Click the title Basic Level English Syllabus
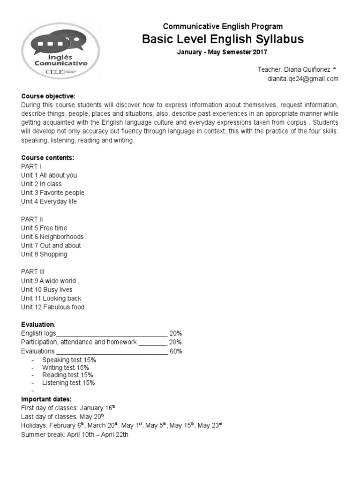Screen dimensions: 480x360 coord(223,39)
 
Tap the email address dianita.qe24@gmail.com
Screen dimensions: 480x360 coord(303,79)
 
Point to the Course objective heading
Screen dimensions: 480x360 coord(48,96)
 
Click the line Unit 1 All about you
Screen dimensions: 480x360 coord(49,175)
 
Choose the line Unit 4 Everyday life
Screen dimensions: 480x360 coord(49,202)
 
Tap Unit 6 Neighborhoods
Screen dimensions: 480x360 coord(52,237)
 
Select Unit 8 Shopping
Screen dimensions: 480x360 coord(44,255)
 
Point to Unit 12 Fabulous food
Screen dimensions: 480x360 coord(53,307)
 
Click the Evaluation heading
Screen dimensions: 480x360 coord(38,324)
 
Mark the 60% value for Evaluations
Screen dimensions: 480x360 coord(176,351)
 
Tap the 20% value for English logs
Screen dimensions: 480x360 coord(176,333)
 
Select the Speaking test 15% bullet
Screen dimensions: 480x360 coord(69,360)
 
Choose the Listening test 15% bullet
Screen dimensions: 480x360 coord(68,383)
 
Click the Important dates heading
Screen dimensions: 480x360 coord(46,399)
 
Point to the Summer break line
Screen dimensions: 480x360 coord(75,435)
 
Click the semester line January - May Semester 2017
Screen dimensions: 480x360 coord(222,52)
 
